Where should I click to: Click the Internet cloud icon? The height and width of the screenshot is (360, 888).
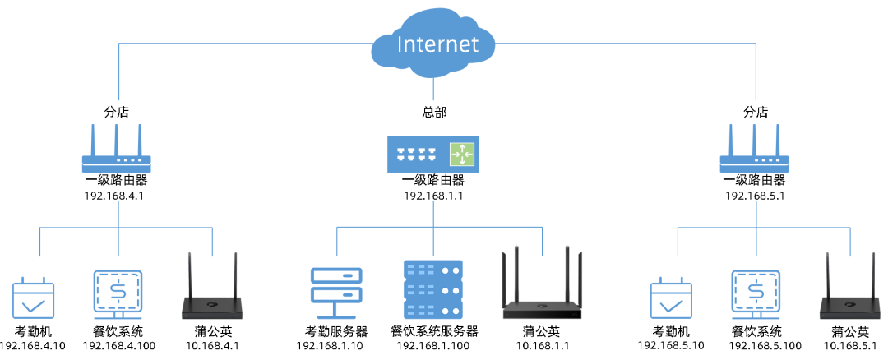(435, 45)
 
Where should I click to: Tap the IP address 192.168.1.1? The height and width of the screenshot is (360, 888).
(433, 196)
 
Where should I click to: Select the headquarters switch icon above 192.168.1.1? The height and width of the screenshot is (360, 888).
(433, 154)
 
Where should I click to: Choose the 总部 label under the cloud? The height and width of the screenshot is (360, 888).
(434, 112)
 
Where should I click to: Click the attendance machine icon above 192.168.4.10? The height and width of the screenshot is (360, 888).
(33, 299)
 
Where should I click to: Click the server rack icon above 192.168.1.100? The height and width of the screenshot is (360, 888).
(433, 290)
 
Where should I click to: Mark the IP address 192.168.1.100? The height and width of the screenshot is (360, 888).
(433, 346)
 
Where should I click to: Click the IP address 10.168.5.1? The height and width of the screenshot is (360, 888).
(850, 346)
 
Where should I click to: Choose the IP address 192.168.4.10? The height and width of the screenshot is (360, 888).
(32, 346)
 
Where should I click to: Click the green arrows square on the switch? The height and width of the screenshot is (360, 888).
(462, 154)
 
